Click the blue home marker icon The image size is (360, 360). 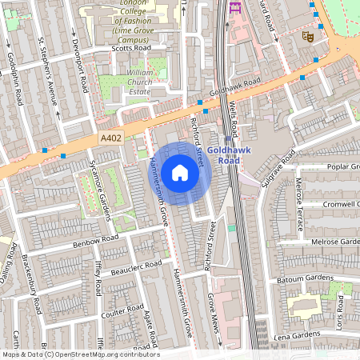[180, 173]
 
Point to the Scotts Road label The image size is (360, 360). [132, 49]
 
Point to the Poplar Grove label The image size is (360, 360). [344, 166]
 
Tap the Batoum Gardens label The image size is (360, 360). [308, 278]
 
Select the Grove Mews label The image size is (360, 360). [214, 313]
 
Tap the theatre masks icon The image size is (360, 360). [306, 36]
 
